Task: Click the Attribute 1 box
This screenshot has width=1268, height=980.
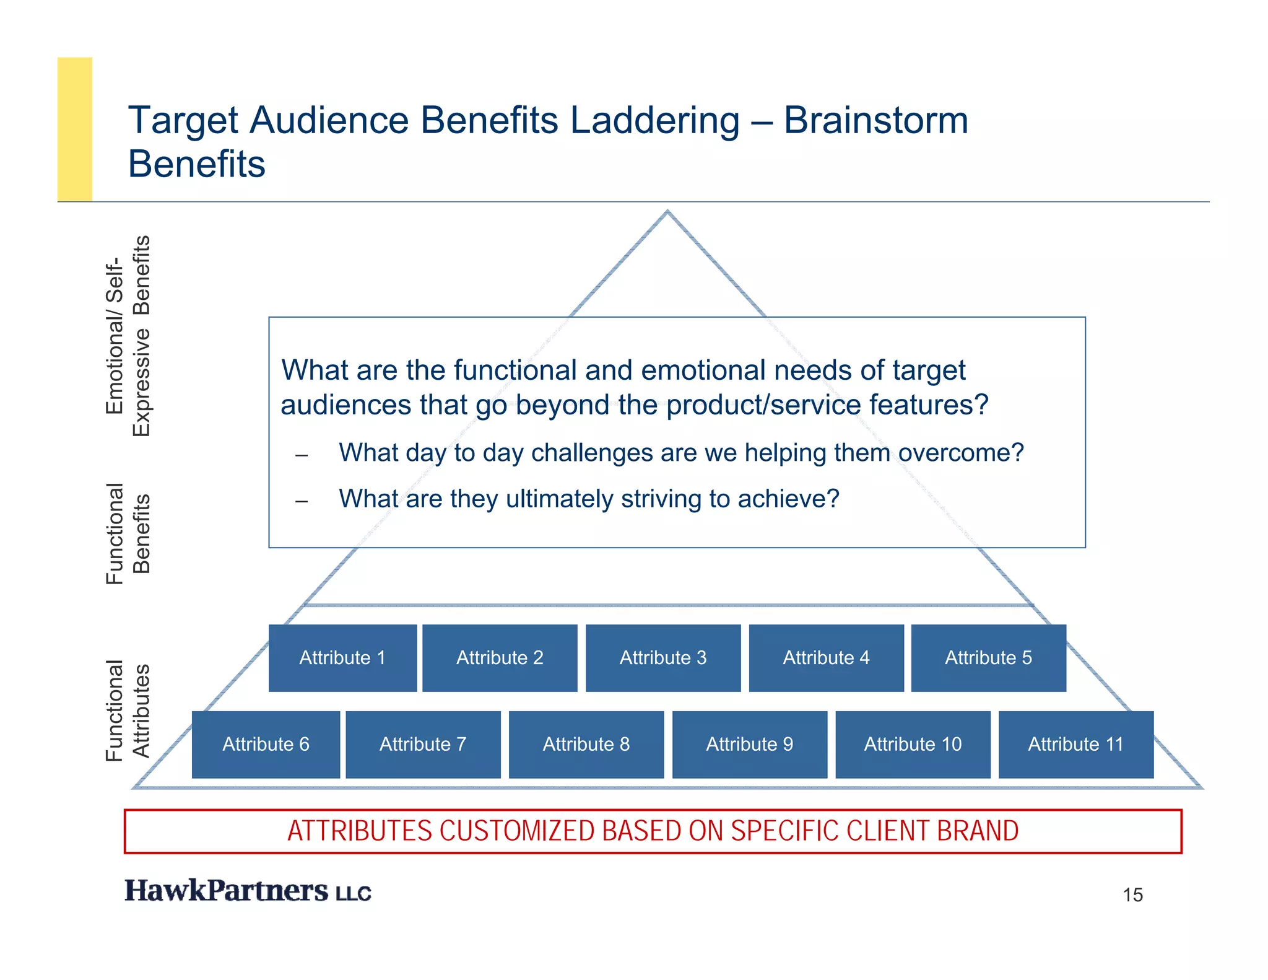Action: pyautogui.click(x=342, y=658)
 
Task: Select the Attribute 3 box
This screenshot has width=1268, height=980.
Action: pyautogui.click(x=663, y=658)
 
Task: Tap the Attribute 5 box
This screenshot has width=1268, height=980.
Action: pyautogui.click(x=988, y=658)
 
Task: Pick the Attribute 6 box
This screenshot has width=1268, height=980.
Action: pyautogui.click(x=266, y=744)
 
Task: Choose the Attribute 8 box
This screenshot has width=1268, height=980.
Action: pyautogui.click(x=586, y=744)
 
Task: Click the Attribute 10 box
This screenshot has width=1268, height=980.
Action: pyautogui.click(x=913, y=744)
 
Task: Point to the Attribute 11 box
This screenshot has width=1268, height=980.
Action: pyautogui.click(x=1075, y=744)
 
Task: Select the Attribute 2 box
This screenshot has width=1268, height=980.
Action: pyautogui.click(x=500, y=658)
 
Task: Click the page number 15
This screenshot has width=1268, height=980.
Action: pyautogui.click(x=1132, y=895)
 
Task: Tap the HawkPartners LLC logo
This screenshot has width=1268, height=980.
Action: pyautogui.click(x=248, y=891)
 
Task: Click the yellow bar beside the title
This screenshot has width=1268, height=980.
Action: pyautogui.click(x=75, y=129)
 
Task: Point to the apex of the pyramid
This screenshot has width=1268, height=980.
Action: pyautogui.click(x=667, y=212)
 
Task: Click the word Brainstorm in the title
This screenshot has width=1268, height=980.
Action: pyautogui.click(x=875, y=120)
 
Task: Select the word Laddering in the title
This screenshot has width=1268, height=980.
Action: pyautogui.click(x=654, y=120)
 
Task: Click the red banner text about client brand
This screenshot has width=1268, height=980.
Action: pyautogui.click(x=653, y=831)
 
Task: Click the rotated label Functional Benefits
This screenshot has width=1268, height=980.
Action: pyautogui.click(x=128, y=533)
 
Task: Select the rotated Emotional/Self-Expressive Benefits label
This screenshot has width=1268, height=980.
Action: pyautogui.click(x=128, y=336)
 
